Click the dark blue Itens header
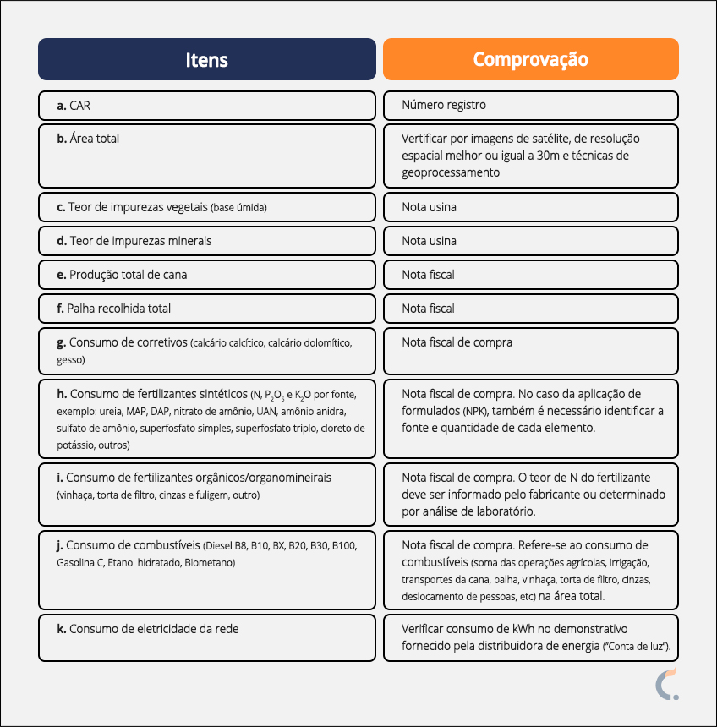[207, 59]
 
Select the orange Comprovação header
[530, 59]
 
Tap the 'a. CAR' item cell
[207, 106]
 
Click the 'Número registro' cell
[530, 106]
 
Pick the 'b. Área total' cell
[207, 156]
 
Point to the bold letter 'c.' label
[62, 207]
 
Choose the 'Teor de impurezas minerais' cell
[207, 241]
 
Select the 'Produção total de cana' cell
[207, 275]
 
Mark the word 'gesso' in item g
[71, 360]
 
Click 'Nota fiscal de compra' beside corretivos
[457, 342]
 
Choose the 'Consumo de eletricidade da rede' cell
[207, 637]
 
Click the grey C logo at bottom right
[666, 685]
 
